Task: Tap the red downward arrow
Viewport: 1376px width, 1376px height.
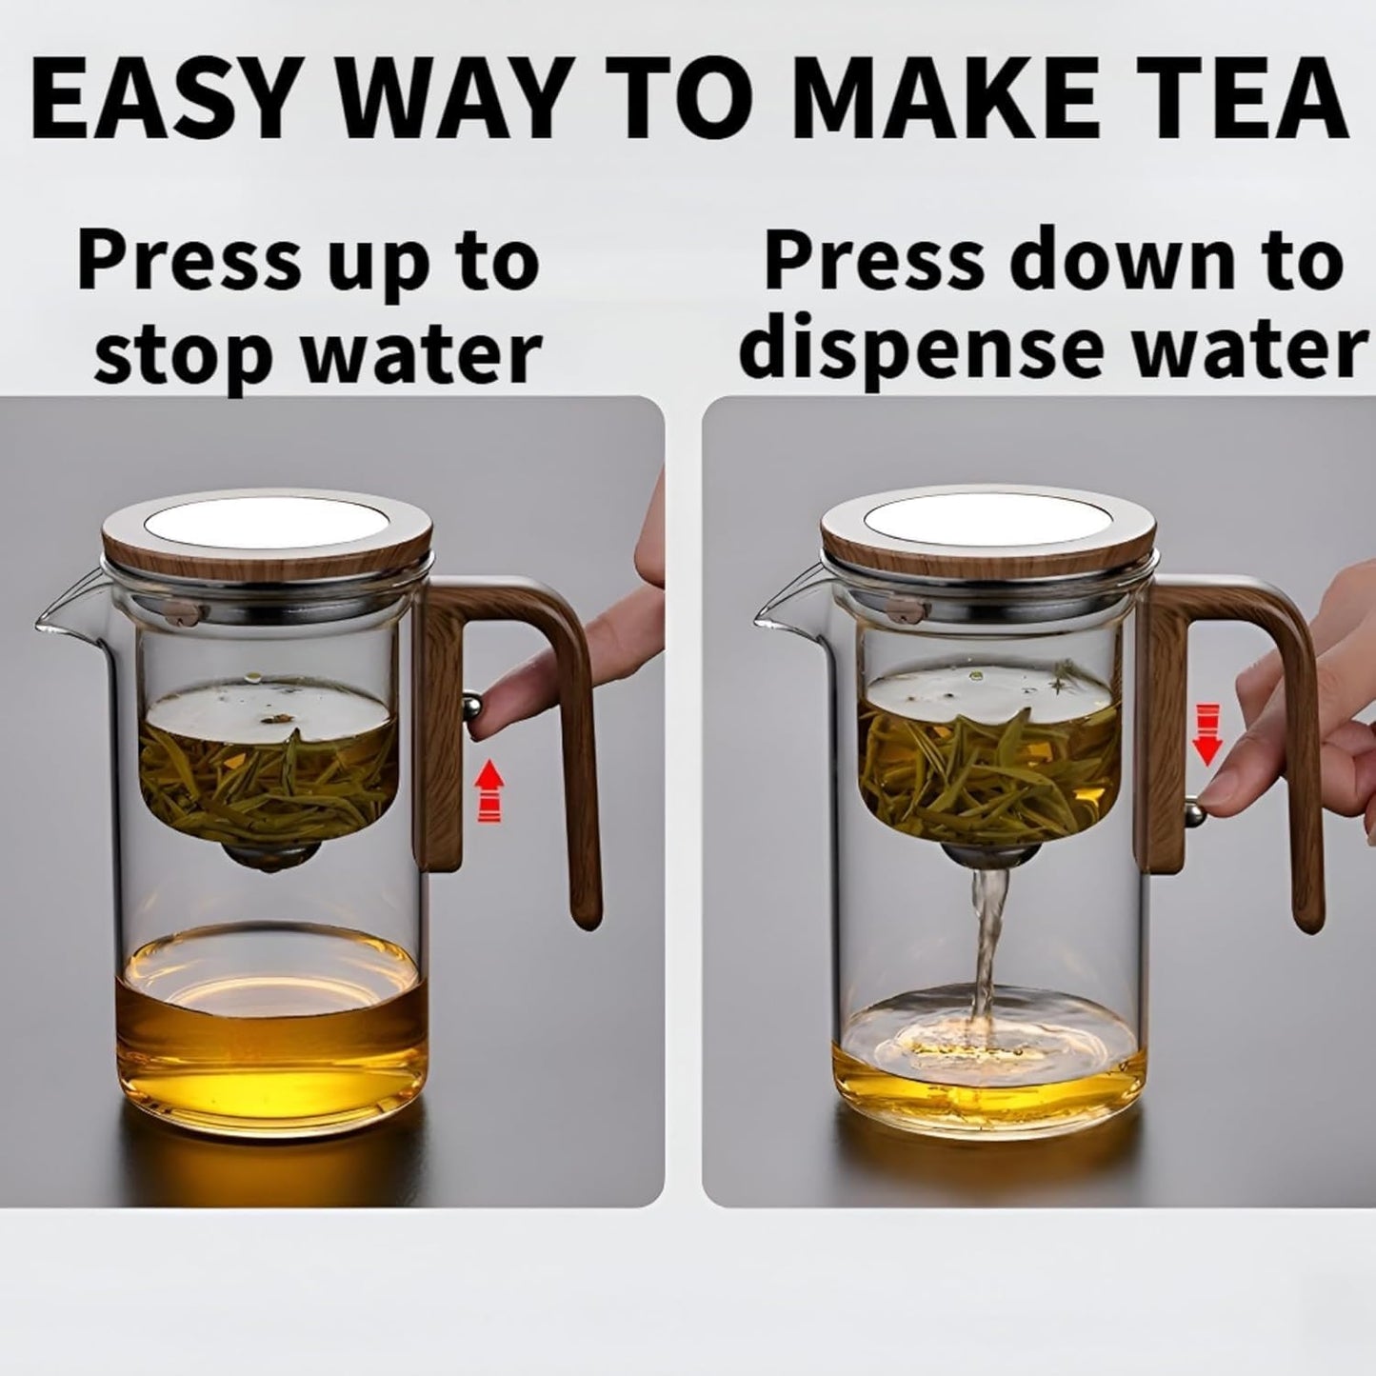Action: click(x=1207, y=734)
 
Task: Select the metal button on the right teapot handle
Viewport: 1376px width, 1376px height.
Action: click(x=1191, y=811)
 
